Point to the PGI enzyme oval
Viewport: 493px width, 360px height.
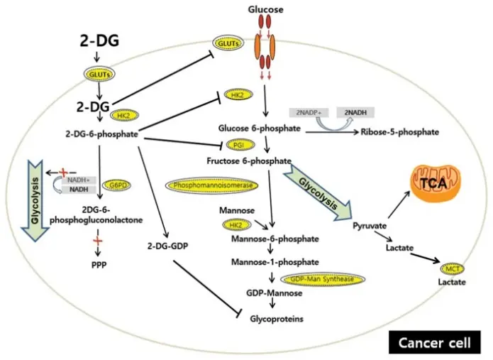click(x=238, y=146)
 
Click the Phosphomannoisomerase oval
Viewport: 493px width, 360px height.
click(x=212, y=184)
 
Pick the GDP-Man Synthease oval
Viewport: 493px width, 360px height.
click(x=318, y=279)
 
